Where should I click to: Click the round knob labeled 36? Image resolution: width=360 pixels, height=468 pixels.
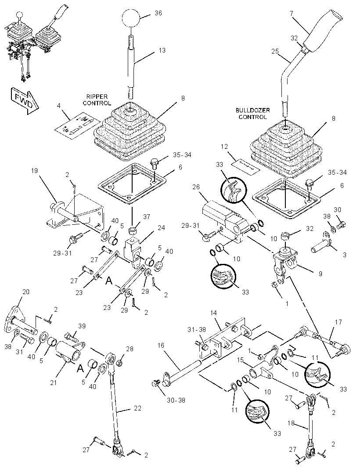coord(131,18)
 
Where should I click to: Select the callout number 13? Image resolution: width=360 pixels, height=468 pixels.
coord(162,50)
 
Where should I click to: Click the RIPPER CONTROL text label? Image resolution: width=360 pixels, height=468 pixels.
coord(97,100)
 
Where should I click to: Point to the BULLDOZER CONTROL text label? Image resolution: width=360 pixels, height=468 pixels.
coord(252,114)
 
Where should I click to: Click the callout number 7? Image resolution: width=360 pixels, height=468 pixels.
coord(292,14)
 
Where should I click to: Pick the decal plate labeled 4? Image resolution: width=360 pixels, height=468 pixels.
coord(78,126)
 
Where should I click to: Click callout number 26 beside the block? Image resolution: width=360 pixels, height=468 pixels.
coord(196,187)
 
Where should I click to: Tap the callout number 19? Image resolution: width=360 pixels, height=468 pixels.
coord(34,171)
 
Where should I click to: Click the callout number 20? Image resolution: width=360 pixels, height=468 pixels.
coord(25,292)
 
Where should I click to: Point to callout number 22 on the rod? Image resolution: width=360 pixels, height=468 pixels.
coord(137,408)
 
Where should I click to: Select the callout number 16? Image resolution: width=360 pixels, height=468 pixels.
coord(161,346)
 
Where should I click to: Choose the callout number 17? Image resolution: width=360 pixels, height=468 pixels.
coord(338,322)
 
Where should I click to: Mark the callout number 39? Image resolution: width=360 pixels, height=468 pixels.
coord(82,326)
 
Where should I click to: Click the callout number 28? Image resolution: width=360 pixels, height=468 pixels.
coord(130,349)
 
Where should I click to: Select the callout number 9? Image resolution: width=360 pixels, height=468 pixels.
coord(320,274)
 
